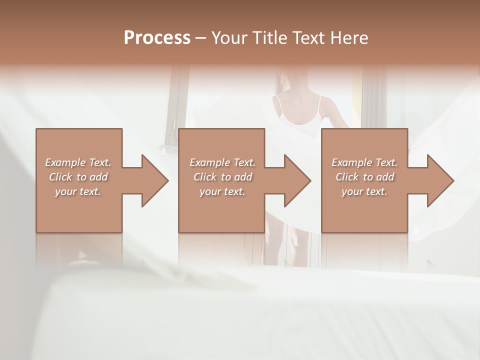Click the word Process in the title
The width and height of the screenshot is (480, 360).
157,38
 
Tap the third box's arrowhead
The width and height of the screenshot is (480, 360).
439,180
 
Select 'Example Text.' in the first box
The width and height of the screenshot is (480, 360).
78,162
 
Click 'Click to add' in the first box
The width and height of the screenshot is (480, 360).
78,177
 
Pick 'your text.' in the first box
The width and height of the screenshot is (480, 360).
78,191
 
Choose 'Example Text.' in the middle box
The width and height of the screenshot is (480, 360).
222,162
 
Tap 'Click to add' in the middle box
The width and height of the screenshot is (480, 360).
222,177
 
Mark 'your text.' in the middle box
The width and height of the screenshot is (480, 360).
222,191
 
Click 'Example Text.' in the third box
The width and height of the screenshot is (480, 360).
364,162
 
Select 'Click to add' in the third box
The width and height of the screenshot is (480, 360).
364,177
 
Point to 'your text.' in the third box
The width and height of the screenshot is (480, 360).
364,191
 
